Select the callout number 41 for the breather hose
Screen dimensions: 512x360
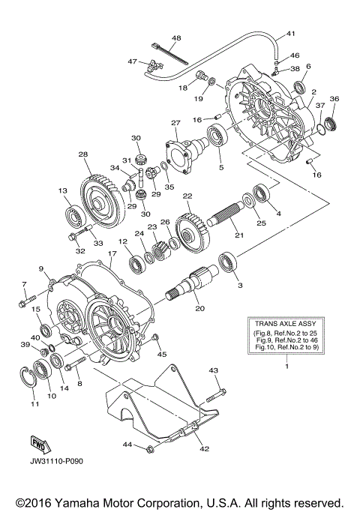point(291,34)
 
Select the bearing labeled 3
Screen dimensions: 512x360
point(227,263)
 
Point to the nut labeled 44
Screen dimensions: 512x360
point(150,448)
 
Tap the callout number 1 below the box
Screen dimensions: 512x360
point(286,366)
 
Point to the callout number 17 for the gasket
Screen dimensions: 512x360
point(111,255)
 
